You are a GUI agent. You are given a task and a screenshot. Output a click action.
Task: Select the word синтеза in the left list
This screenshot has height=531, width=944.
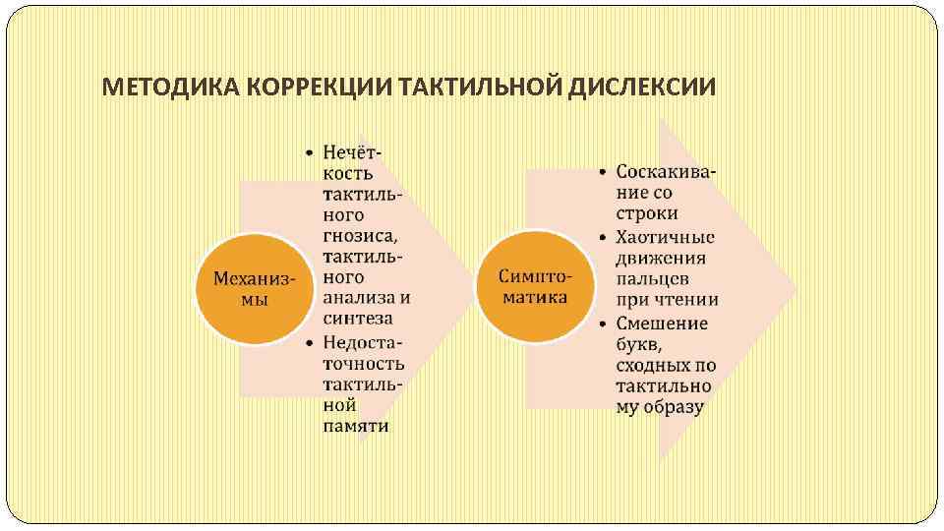click(x=357, y=319)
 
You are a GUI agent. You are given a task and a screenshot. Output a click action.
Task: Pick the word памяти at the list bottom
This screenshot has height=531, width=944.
click(x=355, y=426)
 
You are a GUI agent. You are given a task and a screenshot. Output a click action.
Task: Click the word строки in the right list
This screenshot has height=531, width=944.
click(x=647, y=213)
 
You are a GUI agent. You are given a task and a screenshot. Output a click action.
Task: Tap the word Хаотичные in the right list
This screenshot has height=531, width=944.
click(x=665, y=236)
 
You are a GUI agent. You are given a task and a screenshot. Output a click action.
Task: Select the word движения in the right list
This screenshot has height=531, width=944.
click(x=661, y=258)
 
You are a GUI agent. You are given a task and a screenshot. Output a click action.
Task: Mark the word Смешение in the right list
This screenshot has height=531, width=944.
click(x=662, y=324)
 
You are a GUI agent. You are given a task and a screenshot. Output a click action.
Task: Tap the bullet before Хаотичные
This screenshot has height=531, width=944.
click(x=604, y=237)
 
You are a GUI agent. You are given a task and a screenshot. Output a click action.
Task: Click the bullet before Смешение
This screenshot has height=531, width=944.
click(x=604, y=324)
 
